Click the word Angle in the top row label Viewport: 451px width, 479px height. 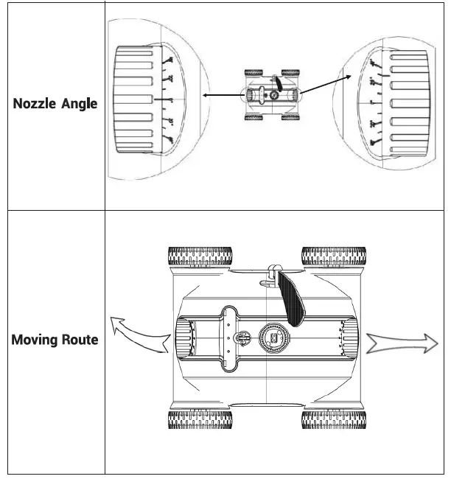79,104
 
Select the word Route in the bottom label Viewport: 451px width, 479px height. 79,340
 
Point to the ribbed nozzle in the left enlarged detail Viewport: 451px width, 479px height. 133,100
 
